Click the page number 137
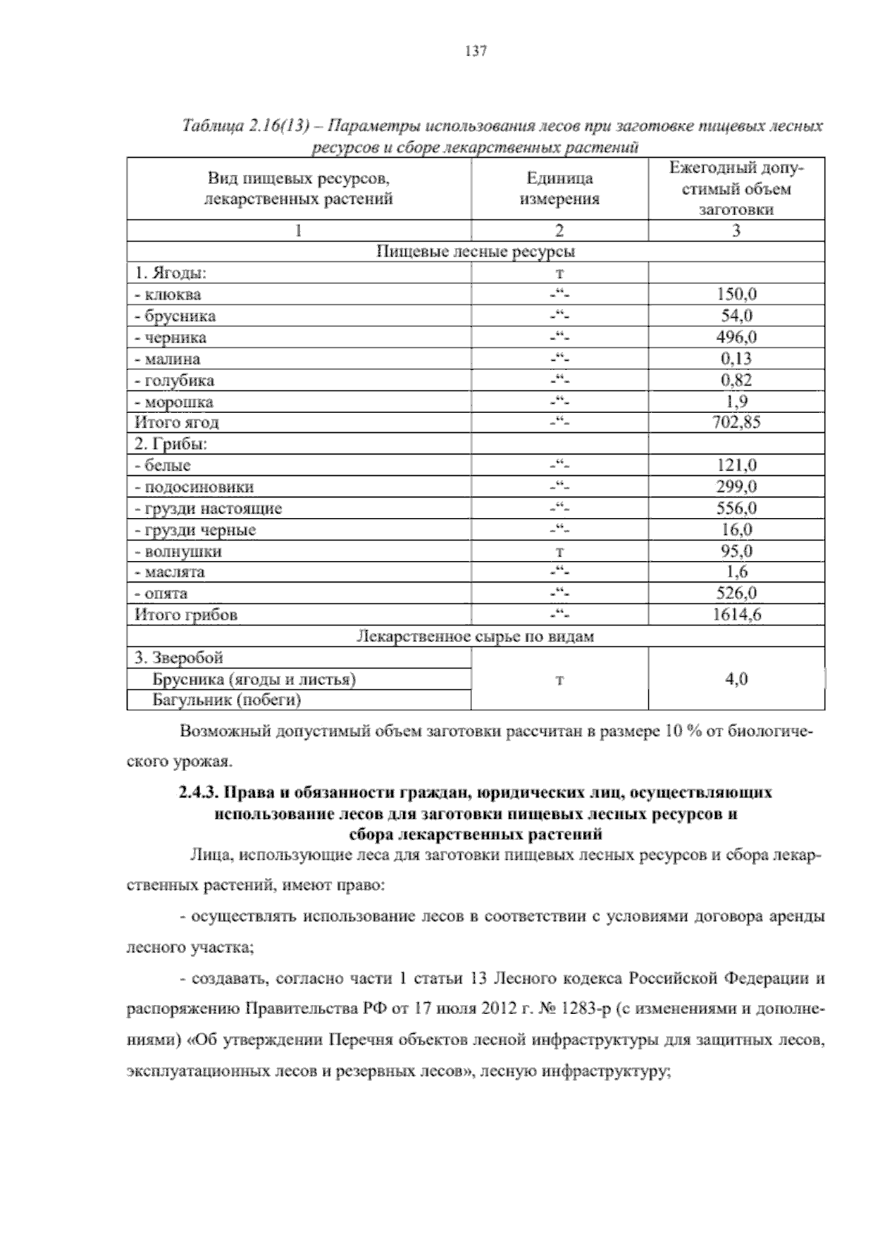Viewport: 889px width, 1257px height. coord(475,51)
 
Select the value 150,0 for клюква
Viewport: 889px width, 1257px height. coord(736,294)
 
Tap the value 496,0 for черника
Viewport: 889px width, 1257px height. coord(736,337)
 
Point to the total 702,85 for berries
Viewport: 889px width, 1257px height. coord(736,422)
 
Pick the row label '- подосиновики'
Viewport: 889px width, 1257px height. coord(193,487)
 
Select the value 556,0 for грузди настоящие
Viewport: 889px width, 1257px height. coord(736,508)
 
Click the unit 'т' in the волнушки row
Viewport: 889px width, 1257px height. coord(560,551)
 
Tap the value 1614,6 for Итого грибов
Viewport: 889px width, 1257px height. coord(736,614)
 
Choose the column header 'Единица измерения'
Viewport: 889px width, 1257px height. coord(559,189)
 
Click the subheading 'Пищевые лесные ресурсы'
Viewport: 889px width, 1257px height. coord(476,251)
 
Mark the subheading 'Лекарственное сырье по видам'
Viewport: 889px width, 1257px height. coord(476,636)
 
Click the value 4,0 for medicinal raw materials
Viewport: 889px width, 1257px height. coord(736,679)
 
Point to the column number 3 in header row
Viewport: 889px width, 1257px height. coord(736,230)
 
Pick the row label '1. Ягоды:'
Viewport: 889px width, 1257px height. coord(170,273)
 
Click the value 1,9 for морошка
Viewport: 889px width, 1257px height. coord(736,402)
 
